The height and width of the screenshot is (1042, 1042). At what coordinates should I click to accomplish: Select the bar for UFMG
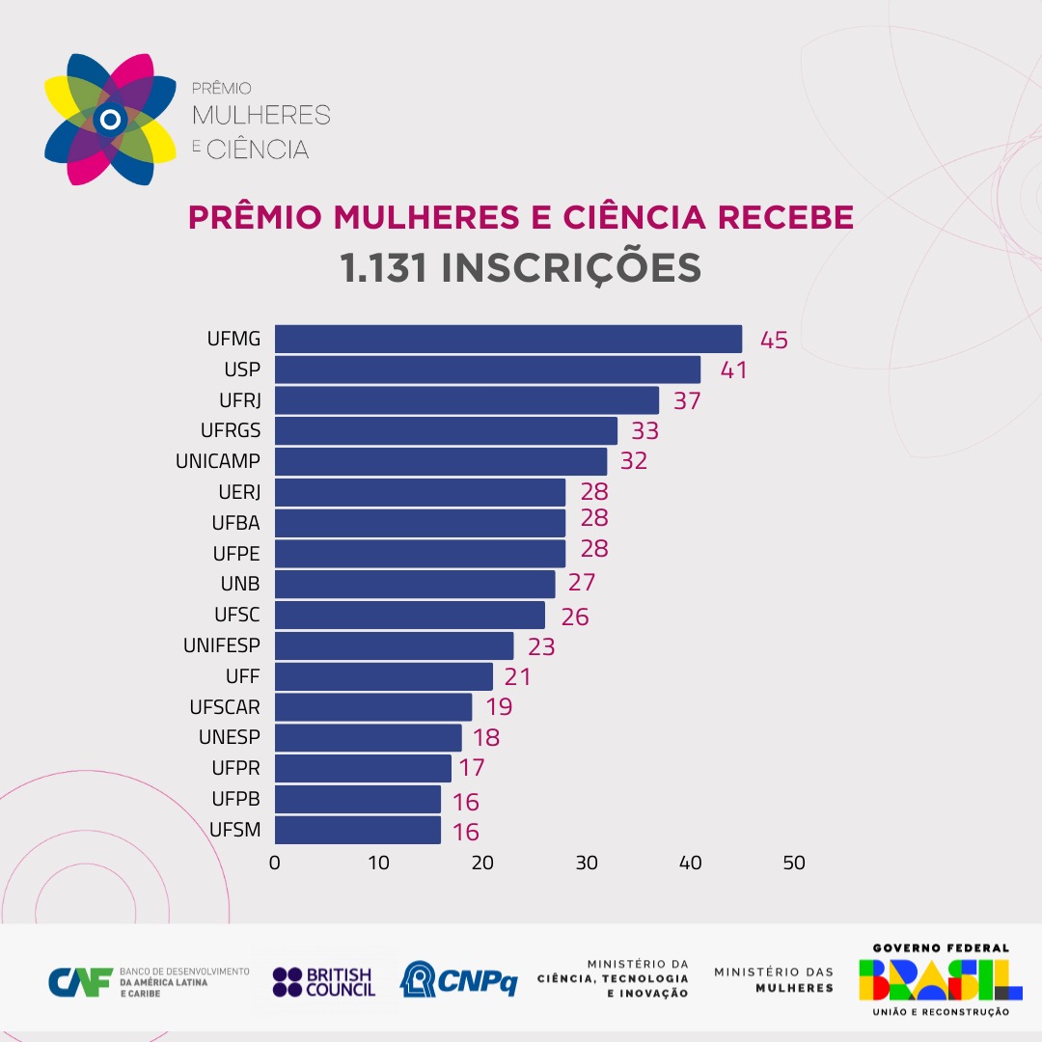pyautogui.click(x=508, y=340)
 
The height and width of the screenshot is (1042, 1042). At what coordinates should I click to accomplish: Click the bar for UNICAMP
pyautogui.click(x=441, y=461)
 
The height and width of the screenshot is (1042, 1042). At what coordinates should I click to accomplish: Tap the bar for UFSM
pyautogui.click(x=358, y=830)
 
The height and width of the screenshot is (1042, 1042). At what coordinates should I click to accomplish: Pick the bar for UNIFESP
pyautogui.click(x=394, y=645)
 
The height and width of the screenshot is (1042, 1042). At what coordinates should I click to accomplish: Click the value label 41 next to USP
pyautogui.click(x=734, y=370)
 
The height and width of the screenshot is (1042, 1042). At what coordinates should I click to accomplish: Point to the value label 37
pyautogui.click(x=687, y=401)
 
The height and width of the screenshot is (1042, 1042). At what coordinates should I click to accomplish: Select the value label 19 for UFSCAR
pyautogui.click(x=498, y=707)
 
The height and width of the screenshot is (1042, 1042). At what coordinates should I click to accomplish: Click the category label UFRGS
pyautogui.click(x=231, y=430)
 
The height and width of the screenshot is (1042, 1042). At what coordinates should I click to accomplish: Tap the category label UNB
pyautogui.click(x=240, y=585)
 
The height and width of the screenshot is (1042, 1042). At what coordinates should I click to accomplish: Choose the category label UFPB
pyautogui.click(x=236, y=799)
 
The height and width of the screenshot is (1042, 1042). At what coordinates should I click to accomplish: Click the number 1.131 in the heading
pyautogui.click(x=383, y=268)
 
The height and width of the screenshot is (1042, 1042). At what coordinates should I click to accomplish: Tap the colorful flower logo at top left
pyautogui.click(x=111, y=120)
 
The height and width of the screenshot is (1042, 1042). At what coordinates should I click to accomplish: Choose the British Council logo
pyautogui.click(x=323, y=982)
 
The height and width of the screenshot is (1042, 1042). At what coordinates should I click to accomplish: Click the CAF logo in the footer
pyautogui.click(x=81, y=982)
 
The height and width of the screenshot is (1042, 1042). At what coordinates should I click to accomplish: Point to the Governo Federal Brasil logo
pyautogui.click(x=940, y=980)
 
